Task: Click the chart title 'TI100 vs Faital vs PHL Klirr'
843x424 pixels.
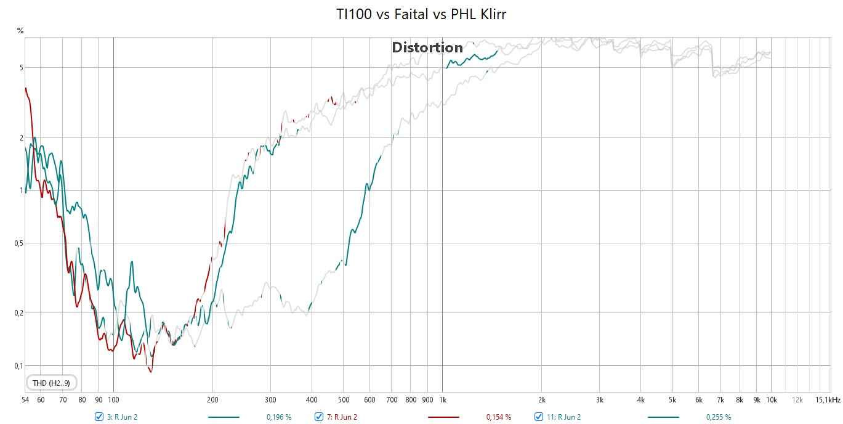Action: [421, 14]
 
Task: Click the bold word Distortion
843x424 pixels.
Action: [427, 47]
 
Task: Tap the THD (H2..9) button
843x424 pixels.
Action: [51, 383]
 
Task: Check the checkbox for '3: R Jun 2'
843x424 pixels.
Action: [99, 417]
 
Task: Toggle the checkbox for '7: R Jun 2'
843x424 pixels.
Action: [319, 417]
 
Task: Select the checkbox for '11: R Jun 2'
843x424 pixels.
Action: [539, 417]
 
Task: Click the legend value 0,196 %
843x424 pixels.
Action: [279, 417]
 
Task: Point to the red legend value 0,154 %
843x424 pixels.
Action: [499, 417]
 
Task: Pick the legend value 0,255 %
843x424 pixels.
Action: [719, 417]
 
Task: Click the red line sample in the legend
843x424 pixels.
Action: [443, 417]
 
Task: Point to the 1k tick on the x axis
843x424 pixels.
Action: [443, 400]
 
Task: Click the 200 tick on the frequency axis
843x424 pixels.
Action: [212, 400]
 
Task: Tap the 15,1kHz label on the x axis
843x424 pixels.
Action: [828, 400]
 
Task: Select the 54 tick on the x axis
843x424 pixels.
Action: [25, 400]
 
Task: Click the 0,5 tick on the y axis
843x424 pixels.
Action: [19, 243]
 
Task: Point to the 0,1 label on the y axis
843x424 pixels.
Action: [19, 366]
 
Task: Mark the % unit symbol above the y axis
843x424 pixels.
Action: [20, 31]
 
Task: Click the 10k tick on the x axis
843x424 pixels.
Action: [772, 400]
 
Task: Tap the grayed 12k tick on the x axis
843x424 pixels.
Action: [797, 400]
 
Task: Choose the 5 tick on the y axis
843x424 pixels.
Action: [22, 68]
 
